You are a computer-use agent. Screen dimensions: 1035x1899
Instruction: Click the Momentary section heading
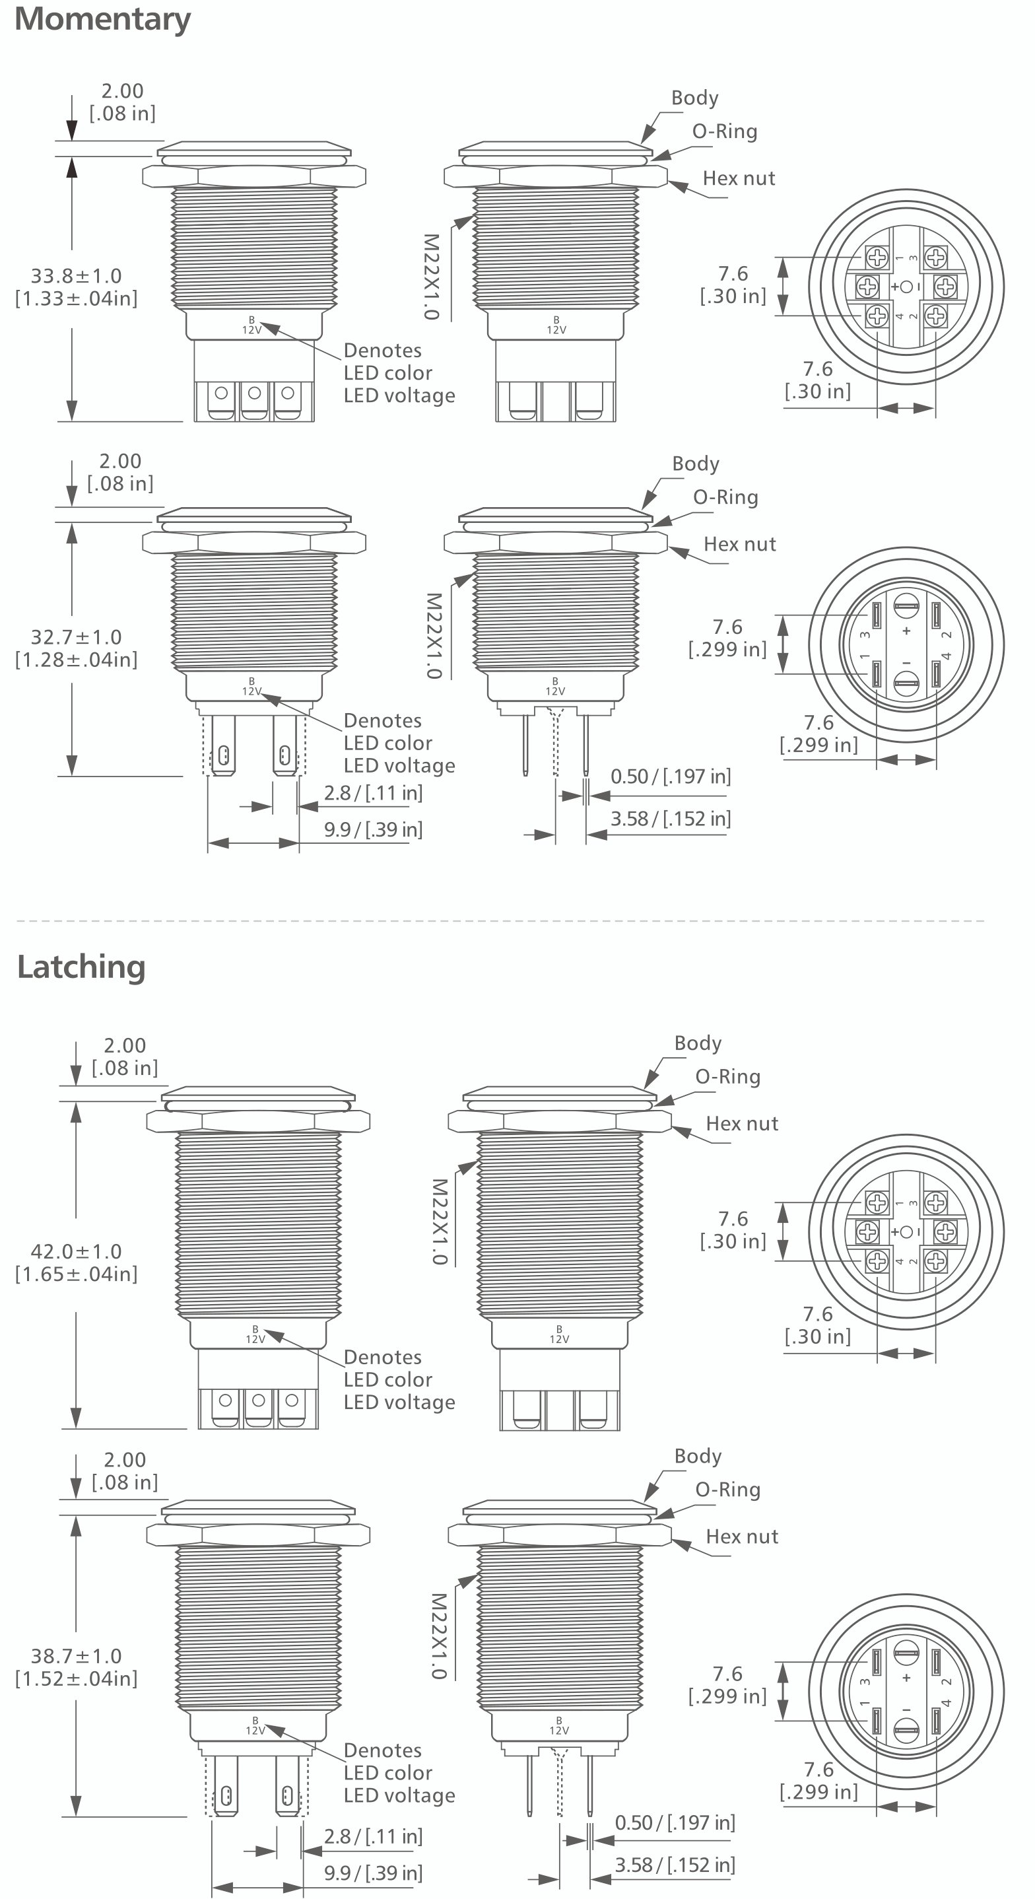pos(102,18)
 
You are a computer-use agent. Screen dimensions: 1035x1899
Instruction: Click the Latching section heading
pos(81,967)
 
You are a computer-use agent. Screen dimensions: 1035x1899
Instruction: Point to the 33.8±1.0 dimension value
pos(76,276)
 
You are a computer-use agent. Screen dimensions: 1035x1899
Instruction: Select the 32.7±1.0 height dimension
pos(76,637)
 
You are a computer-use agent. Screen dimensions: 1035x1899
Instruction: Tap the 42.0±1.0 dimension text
pos(76,1251)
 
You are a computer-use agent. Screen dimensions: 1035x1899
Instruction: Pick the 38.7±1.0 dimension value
pos(76,1656)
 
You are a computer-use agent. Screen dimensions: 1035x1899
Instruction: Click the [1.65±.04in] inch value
pos(76,1274)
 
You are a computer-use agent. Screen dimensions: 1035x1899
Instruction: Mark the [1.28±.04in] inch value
pos(76,660)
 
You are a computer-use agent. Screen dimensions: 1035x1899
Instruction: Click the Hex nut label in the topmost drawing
pos(739,178)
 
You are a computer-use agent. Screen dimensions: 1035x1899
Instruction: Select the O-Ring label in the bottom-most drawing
pos(727,1490)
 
